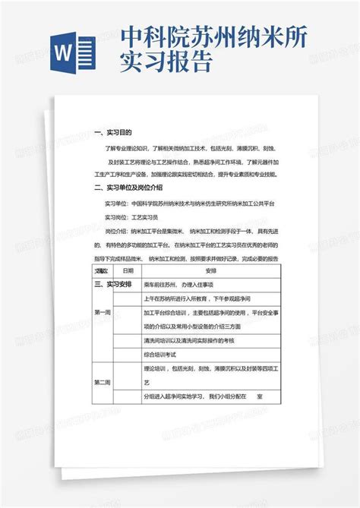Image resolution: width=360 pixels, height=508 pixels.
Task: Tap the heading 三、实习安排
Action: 115,284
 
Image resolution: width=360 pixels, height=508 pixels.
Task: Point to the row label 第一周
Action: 102,312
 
